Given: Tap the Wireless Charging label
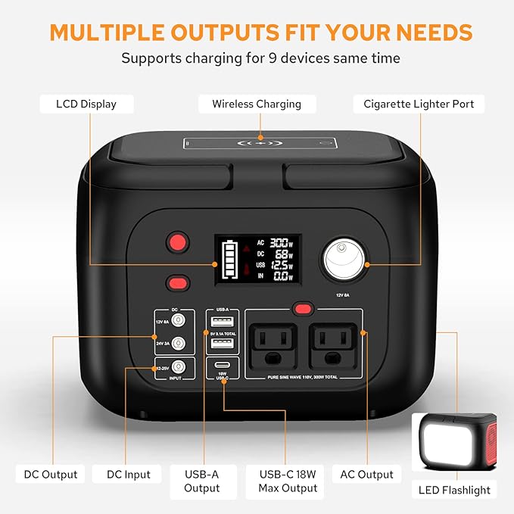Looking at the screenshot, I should click(257, 104).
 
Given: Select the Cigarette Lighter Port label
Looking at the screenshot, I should click(419, 104).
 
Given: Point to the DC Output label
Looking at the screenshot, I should click(51, 475).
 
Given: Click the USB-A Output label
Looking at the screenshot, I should click(201, 481).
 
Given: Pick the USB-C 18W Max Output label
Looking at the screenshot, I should click(288, 481).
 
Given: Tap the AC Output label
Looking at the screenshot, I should click(366, 475).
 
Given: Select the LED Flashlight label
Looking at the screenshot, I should click(454, 490).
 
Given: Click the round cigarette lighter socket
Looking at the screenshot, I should click(344, 263).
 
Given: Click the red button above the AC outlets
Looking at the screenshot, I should click(304, 308).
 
